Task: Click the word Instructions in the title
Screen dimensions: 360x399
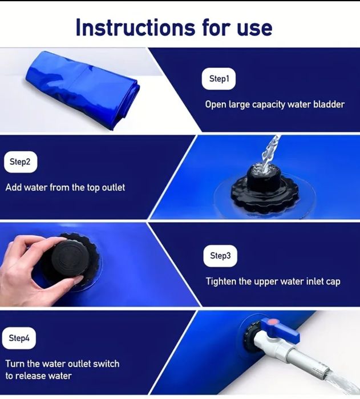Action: tap(135, 27)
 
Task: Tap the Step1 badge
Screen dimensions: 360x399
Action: tap(219, 79)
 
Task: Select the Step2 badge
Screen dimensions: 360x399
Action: tap(21, 162)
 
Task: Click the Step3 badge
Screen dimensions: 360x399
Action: tap(220, 256)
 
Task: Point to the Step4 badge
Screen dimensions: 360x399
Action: tap(19, 338)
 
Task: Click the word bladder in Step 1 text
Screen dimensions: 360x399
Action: tap(329, 104)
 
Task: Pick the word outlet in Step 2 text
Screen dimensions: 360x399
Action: tap(113, 188)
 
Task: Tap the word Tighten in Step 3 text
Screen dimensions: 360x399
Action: tap(221, 281)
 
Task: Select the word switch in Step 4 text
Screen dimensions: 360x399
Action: tap(106, 364)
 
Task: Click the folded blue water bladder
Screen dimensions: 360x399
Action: tap(83, 90)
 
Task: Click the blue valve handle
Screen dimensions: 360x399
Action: tap(281, 330)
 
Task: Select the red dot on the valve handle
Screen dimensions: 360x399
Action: tap(272, 322)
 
